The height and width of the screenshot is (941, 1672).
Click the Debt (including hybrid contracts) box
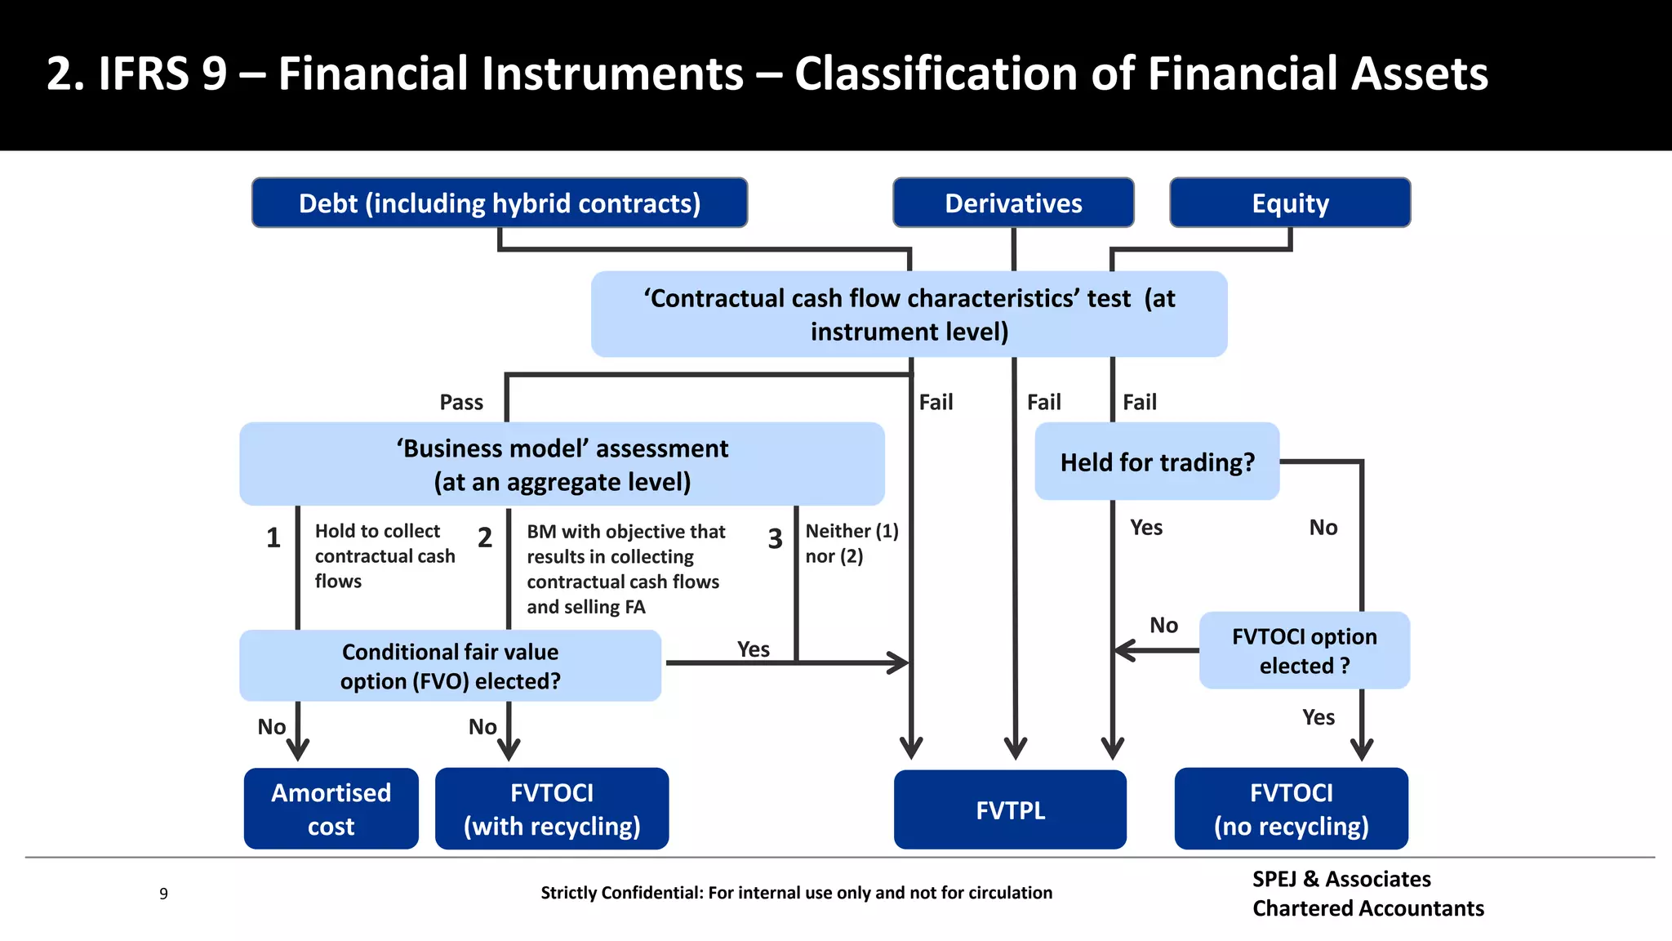pyautogui.click(x=499, y=203)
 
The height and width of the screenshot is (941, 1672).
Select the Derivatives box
pyautogui.click(x=1012, y=203)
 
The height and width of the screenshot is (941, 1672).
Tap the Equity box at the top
pyautogui.click(x=1289, y=203)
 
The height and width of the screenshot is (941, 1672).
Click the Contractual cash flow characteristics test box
pyautogui.click(x=909, y=314)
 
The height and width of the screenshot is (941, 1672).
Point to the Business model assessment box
pyautogui.click(x=562, y=464)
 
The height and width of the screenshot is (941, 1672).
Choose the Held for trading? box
pyautogui.click(x=1156, y=462)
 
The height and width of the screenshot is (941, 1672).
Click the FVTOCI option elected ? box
pyautogui.click(x=1304, y=650)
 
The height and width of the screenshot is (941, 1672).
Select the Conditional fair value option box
pyautogui.click(x=450, y=666)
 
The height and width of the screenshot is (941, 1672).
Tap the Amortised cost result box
pyautogui.click(x=331, y=809)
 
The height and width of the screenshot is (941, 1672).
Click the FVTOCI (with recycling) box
pyautogui.click(x=552, y=809)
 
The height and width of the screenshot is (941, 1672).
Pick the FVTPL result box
pyautogui.click(x=1010, y=809)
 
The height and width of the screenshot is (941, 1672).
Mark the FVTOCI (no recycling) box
pyautogui.click(x=1291, y=809)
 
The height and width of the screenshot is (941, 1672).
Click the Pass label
pyautogui.click(x=461, y=402)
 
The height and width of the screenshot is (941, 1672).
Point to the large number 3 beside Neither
pyautogui.click(x=775, y=539)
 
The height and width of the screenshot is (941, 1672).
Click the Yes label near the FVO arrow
pyautogui.click(x=753, y=649)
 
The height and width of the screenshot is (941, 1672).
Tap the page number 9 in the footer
pyautogui.click(x=163, y=894)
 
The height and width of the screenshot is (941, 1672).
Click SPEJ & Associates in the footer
pyautogui.click(x=1341, y=879)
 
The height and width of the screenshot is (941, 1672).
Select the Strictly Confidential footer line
pyautogui.click(x=796, y=893)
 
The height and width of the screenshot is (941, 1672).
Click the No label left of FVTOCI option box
pyautogui.click(x=1163, y=626)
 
